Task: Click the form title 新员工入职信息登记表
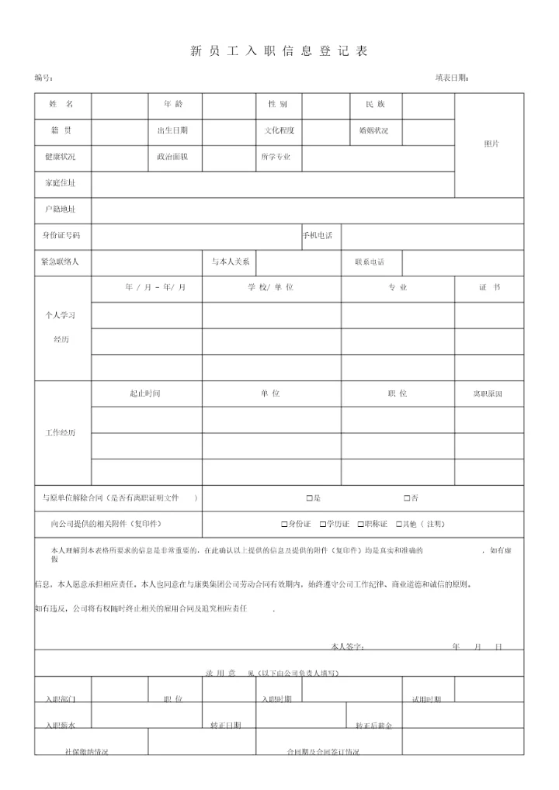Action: (x=279, y=51)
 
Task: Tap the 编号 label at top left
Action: (x=43, y=78)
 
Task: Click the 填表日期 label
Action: (x=451, y=78)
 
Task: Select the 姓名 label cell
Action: (x=61, y=104)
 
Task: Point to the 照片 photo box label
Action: (x=491, y=144)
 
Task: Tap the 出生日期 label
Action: (x=172, y=130)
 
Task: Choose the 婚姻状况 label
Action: (x=373, y=130)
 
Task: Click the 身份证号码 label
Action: (x=61, y=235)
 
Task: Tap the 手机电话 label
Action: (x=318, y=235)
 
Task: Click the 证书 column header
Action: (x=489, y=288)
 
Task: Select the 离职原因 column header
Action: (x=488, y=394)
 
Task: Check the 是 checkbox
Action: (x=309, y=498)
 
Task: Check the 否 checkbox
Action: (x=406, y=498)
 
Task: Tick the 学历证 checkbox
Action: (x=322, y=525)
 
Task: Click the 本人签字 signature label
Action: (x=347, y=646)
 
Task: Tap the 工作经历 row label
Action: (x=61, y=433)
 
